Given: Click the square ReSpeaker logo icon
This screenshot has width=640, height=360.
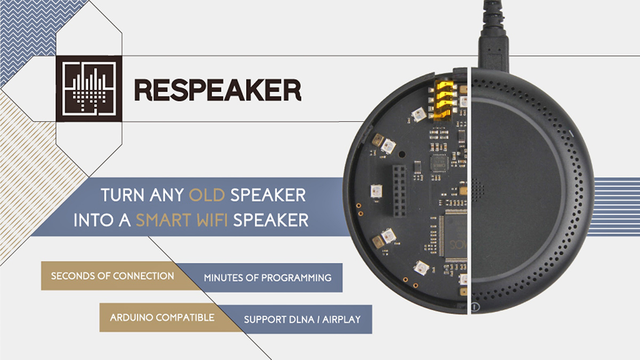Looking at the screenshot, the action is (x=89, y=89).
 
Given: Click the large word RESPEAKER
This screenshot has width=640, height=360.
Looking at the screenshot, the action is (x=218, y=90).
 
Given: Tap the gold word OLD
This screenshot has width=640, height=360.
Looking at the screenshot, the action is (x=206, y=195).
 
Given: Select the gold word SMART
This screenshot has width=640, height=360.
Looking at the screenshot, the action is (x=163, y=220).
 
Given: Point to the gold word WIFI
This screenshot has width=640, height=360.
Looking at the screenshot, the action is (x=211, y=220).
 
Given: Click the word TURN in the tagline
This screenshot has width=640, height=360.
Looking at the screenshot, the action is (x=123, y=195).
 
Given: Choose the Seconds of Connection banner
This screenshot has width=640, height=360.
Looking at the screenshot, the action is (x=114, y=276).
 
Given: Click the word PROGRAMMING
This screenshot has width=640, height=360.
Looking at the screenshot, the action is (x=297, y=278).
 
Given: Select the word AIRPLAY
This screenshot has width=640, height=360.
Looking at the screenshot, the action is (x=341, y=319).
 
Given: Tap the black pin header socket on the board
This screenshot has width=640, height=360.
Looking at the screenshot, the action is (x=399, y=190).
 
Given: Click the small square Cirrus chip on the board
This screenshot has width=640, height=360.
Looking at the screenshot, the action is (x=439, y=163).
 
